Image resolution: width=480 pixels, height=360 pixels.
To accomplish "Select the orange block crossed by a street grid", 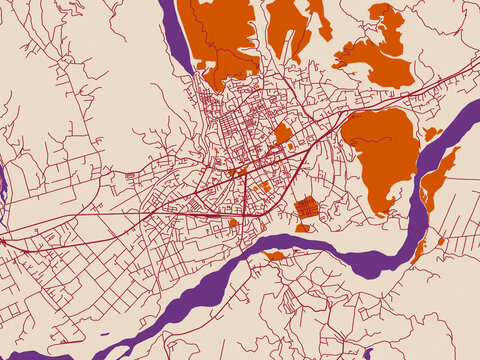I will (307, 208).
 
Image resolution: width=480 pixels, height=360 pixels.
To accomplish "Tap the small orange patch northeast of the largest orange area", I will (431, 133).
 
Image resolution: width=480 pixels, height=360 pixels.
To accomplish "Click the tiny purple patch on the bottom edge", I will (368, 354).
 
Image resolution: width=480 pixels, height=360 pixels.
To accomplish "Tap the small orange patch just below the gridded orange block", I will (302, 228).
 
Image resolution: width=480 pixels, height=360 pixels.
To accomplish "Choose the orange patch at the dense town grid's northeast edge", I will (283, 133).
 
